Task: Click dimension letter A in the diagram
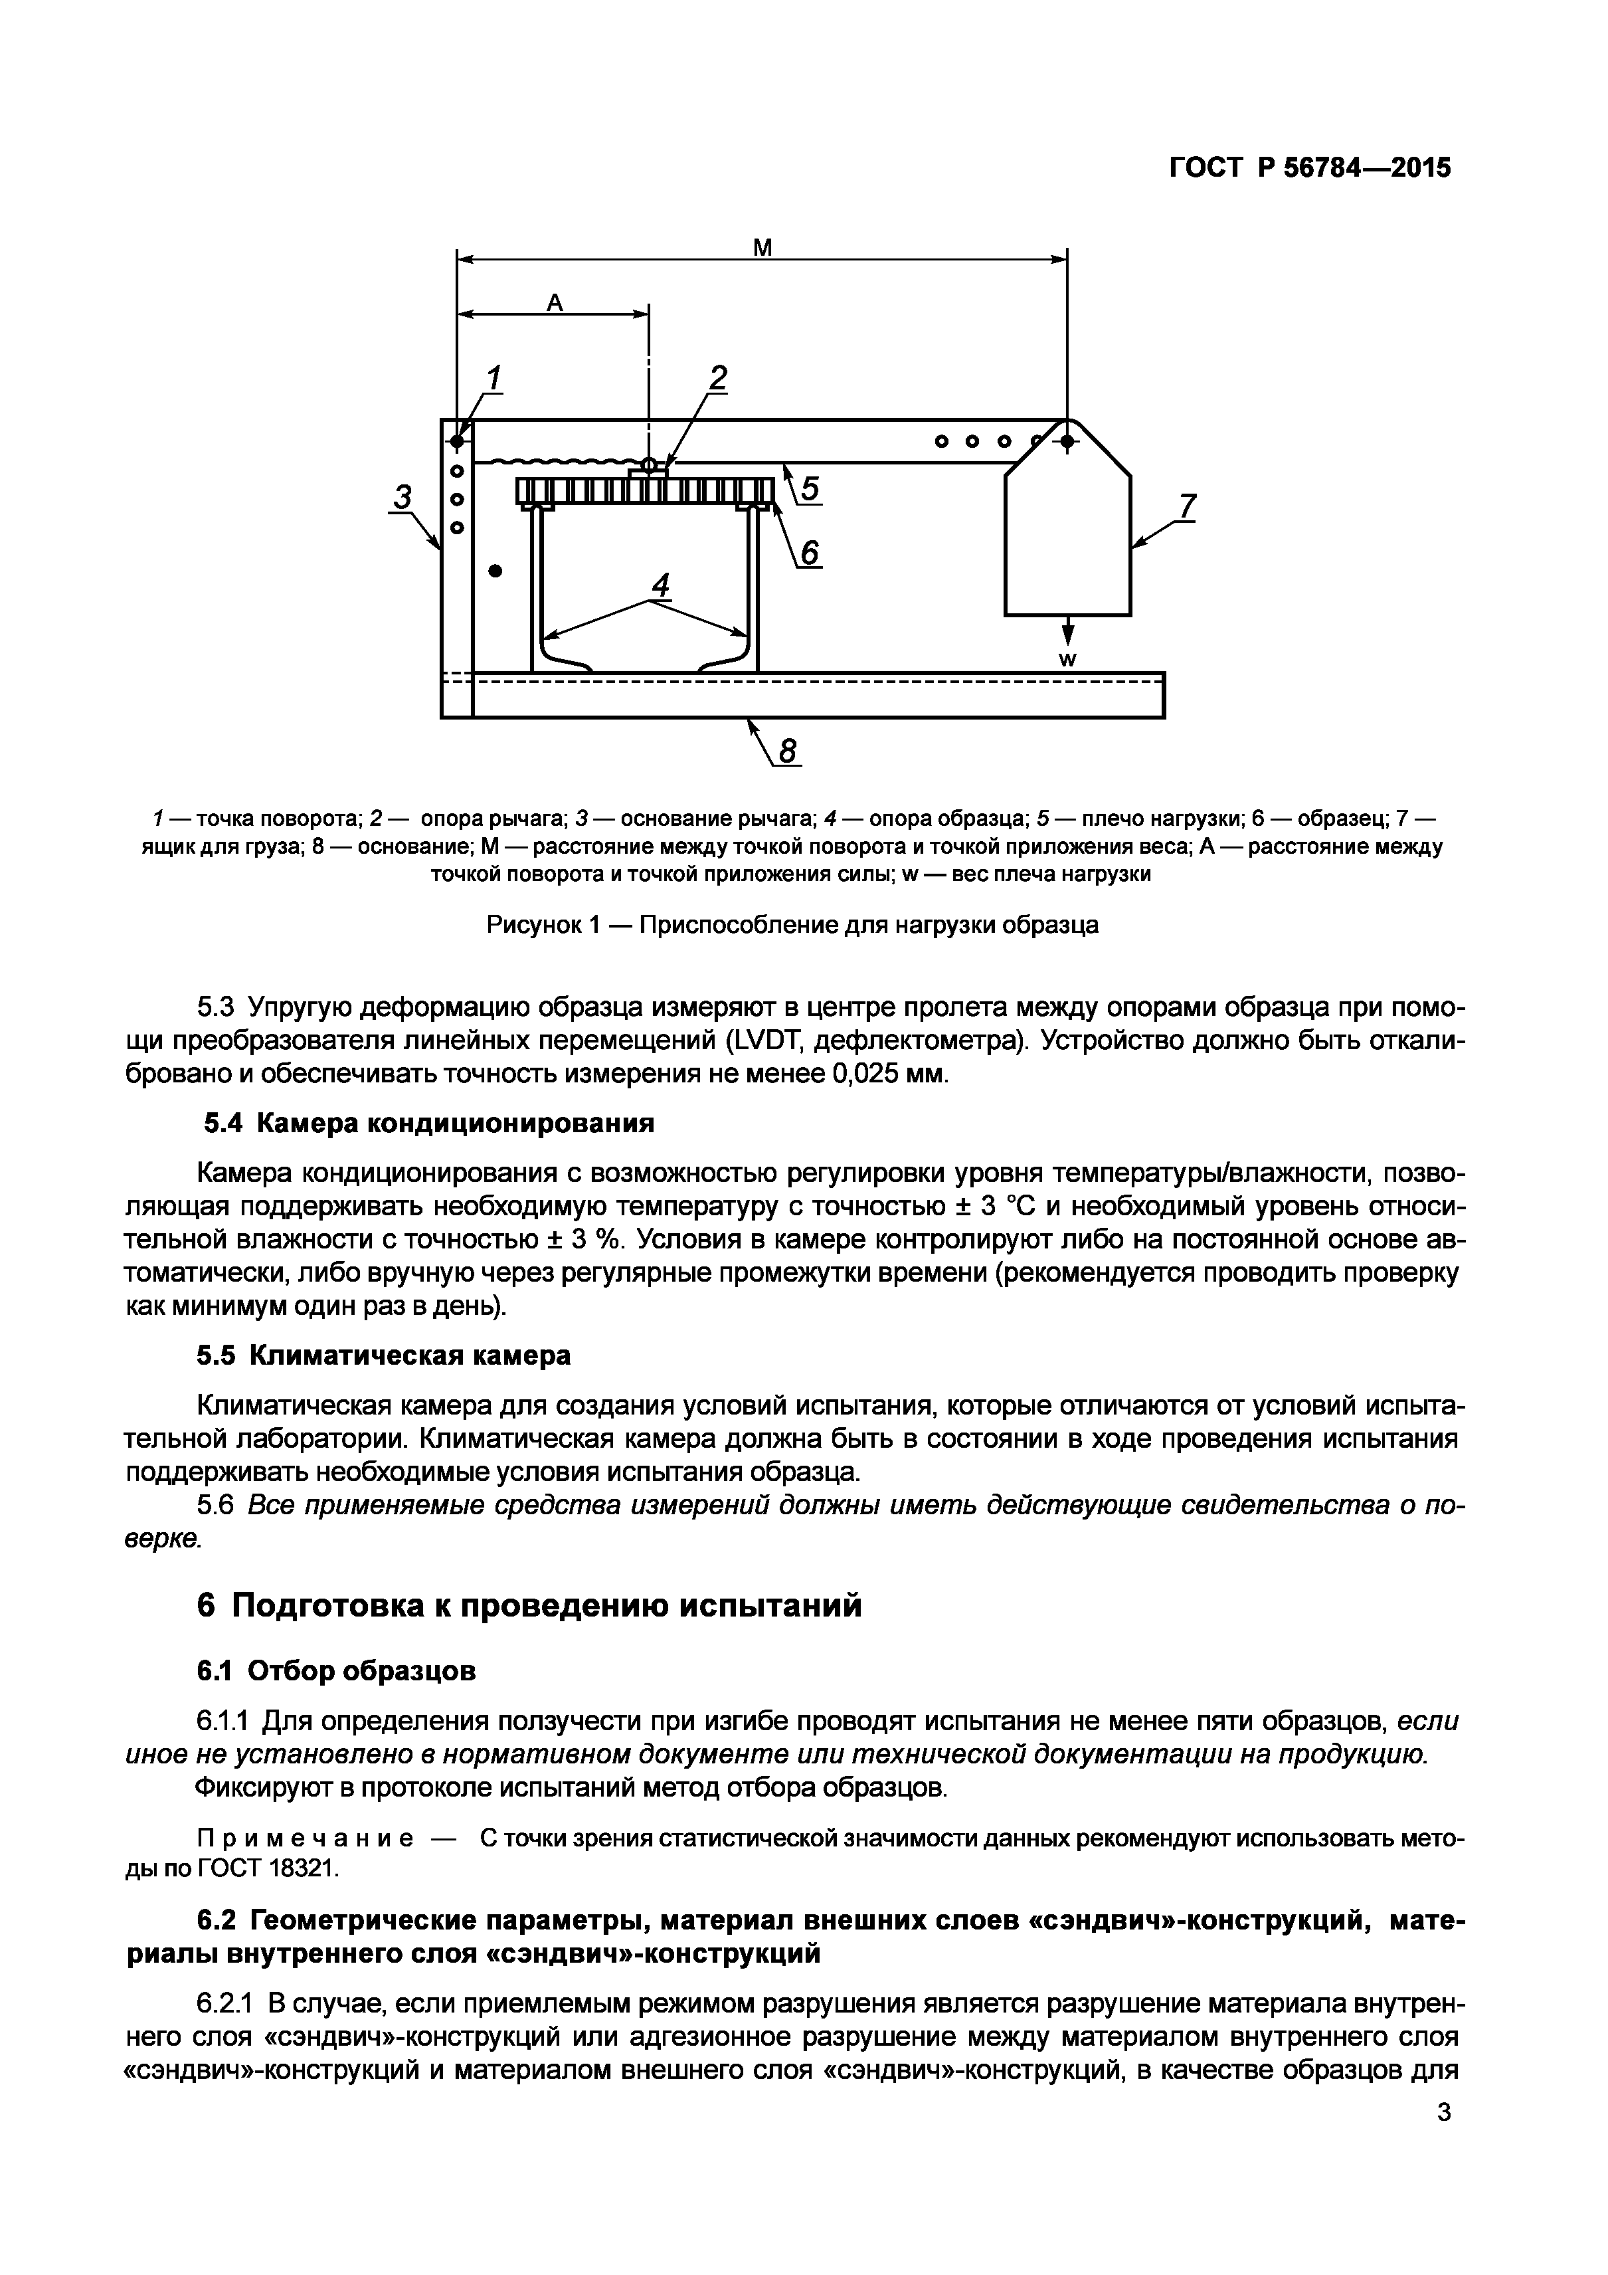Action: (555, 302)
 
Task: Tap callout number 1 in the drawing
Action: (492, 379)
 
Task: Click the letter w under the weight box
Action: (1068, 660)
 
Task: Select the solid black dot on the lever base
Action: (496, 571)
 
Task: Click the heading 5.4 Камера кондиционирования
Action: (429, 1123)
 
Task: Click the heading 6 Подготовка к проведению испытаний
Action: (529, 1605)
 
